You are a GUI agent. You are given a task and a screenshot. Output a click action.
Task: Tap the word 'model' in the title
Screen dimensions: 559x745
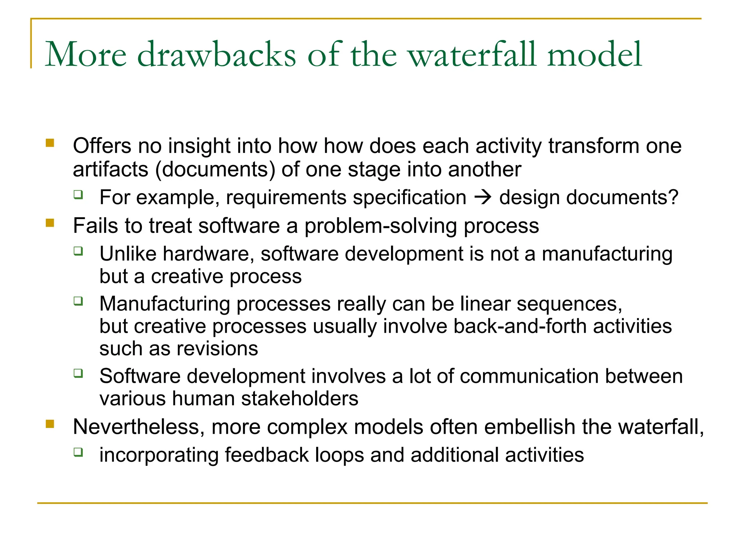594,55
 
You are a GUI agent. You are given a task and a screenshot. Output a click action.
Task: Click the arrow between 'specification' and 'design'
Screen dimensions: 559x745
483,198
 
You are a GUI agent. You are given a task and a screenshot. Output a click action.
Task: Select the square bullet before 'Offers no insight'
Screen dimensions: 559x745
50,143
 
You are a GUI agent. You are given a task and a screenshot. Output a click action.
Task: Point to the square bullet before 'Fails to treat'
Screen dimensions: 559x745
50,223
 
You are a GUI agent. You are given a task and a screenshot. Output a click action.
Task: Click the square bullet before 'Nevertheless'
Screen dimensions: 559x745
50,424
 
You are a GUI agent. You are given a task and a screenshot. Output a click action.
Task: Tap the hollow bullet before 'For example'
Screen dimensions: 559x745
78,195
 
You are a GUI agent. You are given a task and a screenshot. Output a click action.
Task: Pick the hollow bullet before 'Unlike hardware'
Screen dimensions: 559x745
78,251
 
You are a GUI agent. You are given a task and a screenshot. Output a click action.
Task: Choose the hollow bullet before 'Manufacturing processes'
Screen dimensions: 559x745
78,301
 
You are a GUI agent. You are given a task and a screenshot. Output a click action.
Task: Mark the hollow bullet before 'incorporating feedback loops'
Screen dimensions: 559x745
78,452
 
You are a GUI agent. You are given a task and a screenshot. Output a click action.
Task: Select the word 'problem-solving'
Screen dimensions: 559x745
381,226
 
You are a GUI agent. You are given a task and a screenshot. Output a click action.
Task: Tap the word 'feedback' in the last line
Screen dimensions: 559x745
267,455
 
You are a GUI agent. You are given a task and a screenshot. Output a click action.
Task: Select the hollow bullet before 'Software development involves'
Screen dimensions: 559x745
78,373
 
